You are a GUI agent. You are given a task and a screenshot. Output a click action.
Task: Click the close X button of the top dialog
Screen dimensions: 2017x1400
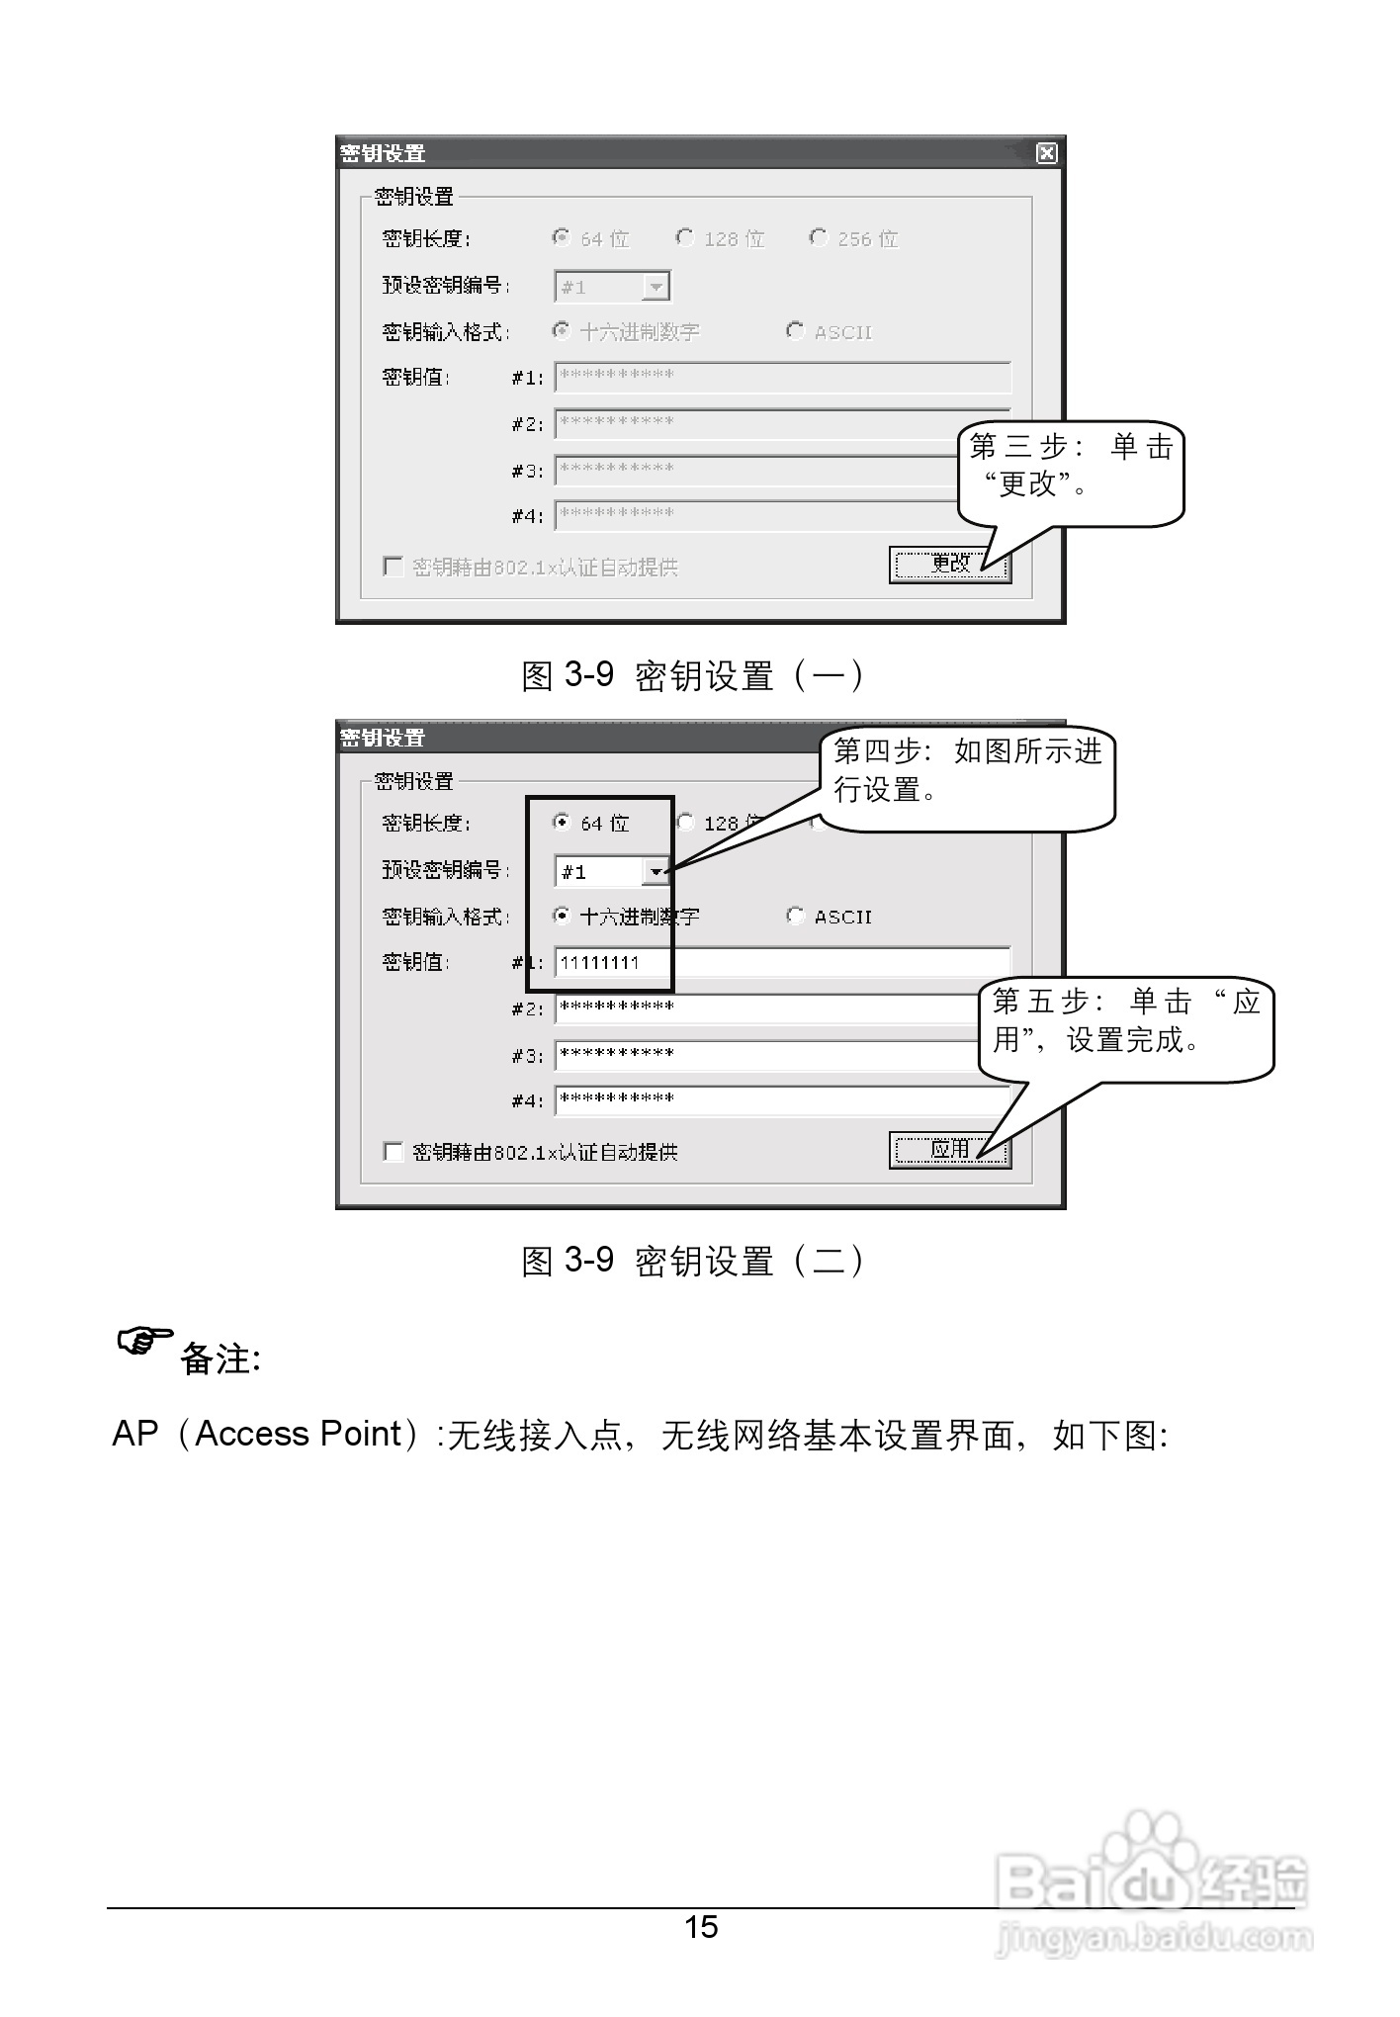tap(1046, 153)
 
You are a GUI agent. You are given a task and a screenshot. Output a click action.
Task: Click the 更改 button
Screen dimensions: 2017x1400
tap(949, 565)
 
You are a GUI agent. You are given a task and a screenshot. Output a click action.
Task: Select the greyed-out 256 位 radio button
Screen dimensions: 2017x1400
tap(818, 237)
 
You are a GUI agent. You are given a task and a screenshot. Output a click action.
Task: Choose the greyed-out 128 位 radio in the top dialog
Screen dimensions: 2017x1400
tap(684, 237)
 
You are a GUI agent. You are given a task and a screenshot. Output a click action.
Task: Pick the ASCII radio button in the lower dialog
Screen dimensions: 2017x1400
tap(795, 916)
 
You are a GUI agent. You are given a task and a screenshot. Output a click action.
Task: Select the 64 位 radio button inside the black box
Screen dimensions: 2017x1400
tap(562, 822)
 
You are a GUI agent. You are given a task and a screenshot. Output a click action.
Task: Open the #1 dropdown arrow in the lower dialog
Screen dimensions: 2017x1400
tap(656, 871)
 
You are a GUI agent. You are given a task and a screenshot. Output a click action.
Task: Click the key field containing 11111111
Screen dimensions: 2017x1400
tap(781, 962)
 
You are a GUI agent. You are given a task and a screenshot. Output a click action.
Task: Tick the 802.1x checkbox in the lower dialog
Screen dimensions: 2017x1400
tap(394, 1151)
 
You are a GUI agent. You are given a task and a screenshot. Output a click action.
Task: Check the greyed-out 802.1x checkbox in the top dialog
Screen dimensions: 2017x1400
tap(394, 567)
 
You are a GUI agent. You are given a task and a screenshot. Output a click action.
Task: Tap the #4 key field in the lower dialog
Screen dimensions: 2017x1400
tap(781, 1099)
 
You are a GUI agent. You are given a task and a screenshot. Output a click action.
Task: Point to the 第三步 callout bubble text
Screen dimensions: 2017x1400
tap(1071, 466)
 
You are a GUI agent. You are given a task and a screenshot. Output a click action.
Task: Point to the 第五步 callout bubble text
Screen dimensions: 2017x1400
tap(1125, 1021)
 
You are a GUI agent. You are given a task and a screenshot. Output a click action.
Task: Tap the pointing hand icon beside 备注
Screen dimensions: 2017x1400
tap(144, 1342)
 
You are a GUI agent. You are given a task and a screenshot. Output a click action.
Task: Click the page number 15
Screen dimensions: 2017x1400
tap(701, 1927)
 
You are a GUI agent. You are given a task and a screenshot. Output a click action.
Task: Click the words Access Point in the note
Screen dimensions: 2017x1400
tap(299, 1434)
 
